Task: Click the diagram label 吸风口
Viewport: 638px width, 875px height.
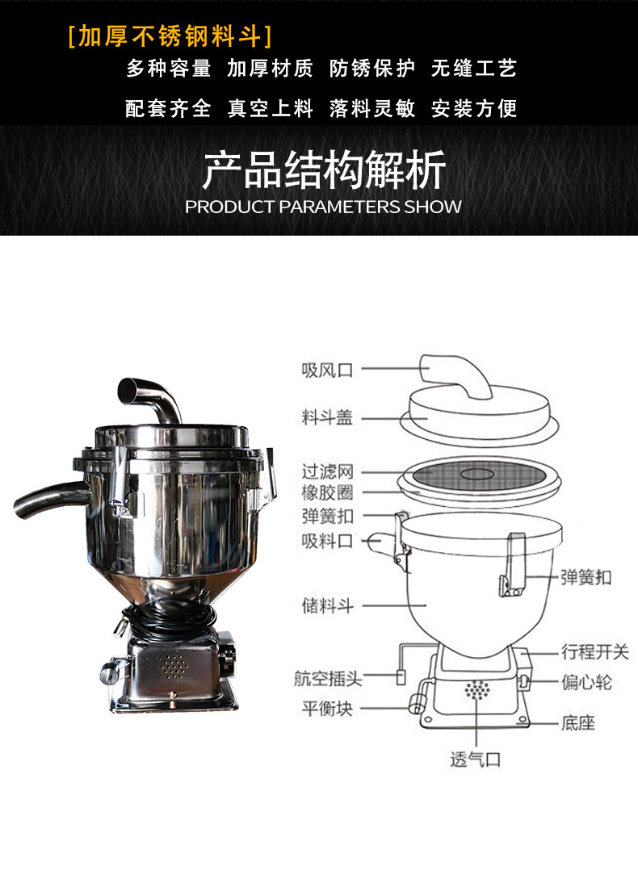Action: coord(328,371)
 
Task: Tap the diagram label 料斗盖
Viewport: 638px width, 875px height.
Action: coord(328,418)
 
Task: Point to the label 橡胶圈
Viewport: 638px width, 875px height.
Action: coord(328,492)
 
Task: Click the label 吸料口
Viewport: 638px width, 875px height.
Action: coord(328,541)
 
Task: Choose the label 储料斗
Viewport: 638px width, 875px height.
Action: coord(328,605)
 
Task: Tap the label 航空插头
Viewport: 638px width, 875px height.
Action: coord(328,679)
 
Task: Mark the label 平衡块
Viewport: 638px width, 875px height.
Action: coord(328,709)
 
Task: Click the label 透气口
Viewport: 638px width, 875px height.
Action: coord(476,759)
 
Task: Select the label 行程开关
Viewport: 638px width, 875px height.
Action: coord(594,651)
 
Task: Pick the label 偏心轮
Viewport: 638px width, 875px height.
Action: coord(586,683)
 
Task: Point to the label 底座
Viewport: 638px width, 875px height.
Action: coord(577,722)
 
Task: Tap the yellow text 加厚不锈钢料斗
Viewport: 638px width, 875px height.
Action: coord(170,36)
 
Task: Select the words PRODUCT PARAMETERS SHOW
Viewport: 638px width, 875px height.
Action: coord(323,207)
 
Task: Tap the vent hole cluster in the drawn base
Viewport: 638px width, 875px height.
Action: coord(477,692)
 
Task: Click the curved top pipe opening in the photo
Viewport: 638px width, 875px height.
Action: coord(128,391)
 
